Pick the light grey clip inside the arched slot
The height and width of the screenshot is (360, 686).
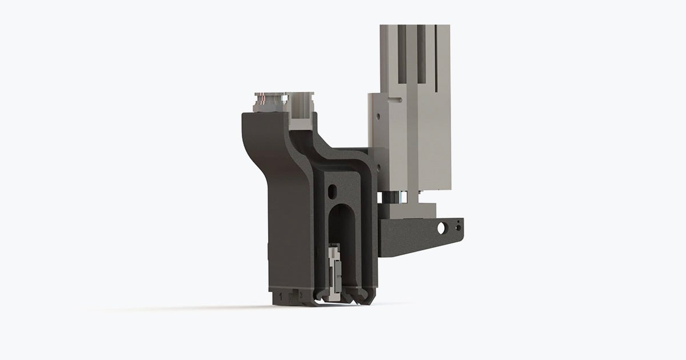(x=334, y=269)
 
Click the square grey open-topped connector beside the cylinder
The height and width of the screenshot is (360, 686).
(x=301, y=109)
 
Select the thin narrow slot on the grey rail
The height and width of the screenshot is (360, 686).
(x=437, y=57)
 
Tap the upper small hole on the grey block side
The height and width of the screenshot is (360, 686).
(x=377, y=117)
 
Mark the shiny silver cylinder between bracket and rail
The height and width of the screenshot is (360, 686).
(x=397, y=198)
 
